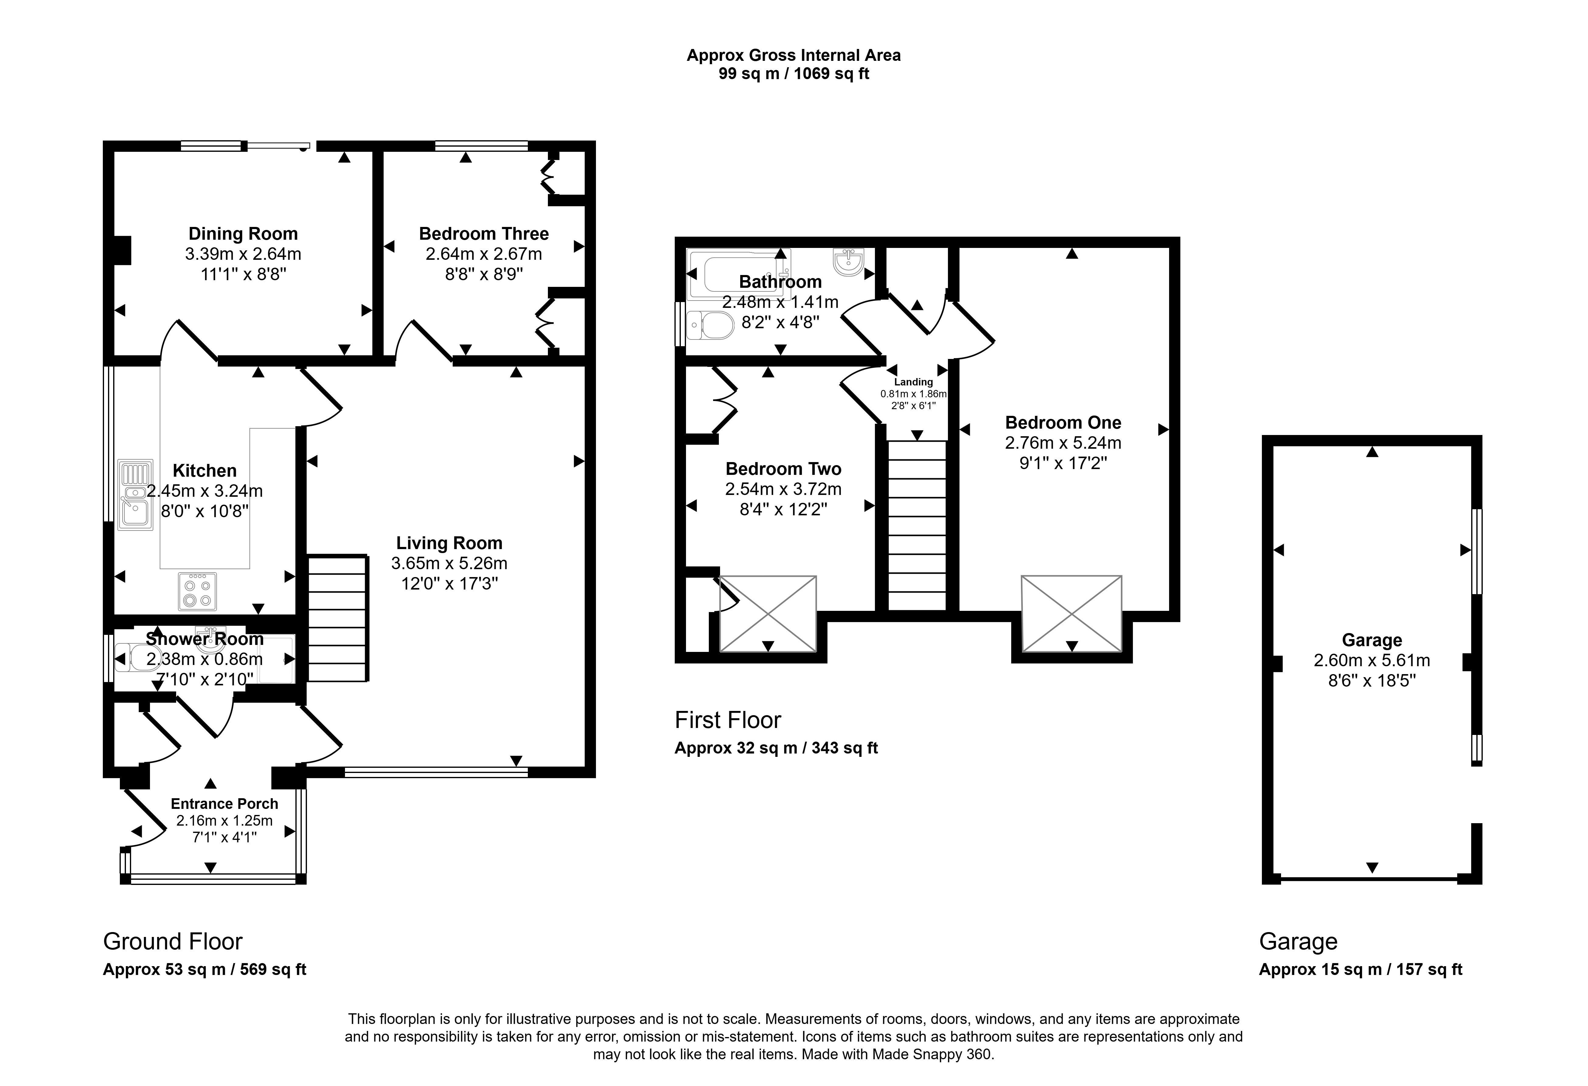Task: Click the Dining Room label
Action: [x=243, y=234]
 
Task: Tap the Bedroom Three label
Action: [x=484, y=234]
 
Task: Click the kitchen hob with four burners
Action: [x=197, y=591]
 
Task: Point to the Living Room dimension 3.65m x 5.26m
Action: [x=449, y=563]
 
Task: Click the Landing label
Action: [x=914, y=382]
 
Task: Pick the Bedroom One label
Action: [x=1063, y=422]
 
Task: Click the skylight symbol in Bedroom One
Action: [x=1071, y=614]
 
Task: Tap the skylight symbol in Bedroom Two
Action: [x=768, y=614]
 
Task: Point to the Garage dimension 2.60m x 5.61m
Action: [x=1372, y=660]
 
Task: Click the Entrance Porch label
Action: [x=225, y=804]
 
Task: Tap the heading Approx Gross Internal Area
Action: [x=794, y=55]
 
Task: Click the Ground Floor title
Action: [x=173, y=942]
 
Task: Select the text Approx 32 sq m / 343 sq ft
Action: [x=776, y=748]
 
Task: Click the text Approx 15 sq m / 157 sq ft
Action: [x=1361, y=969]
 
